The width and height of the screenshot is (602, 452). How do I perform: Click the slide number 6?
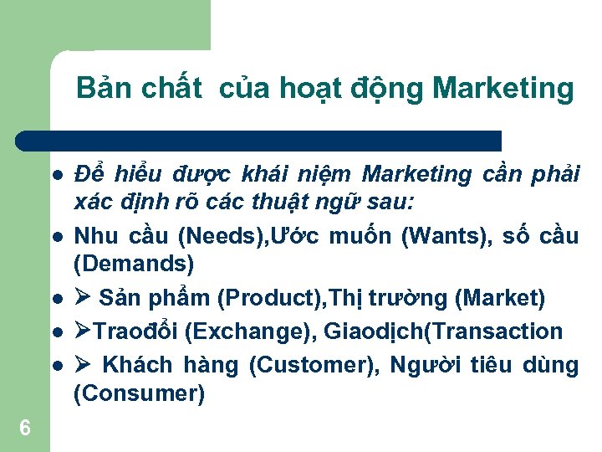pos(25,429)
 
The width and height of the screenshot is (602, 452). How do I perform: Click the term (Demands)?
pos(134,265)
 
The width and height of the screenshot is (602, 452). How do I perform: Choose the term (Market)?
pos(500,298)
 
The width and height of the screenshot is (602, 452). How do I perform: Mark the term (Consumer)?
pos(139,393)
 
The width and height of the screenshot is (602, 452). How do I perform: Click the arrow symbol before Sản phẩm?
pos(83,298)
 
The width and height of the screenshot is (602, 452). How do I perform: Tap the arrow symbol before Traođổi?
pos(83,331)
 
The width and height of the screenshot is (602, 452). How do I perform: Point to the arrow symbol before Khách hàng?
pos(83,365)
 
